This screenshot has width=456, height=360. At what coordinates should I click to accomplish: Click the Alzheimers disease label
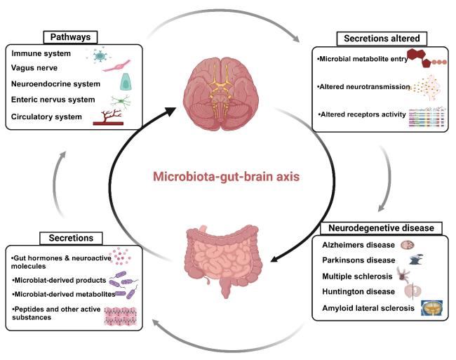(x=357, y=245)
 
